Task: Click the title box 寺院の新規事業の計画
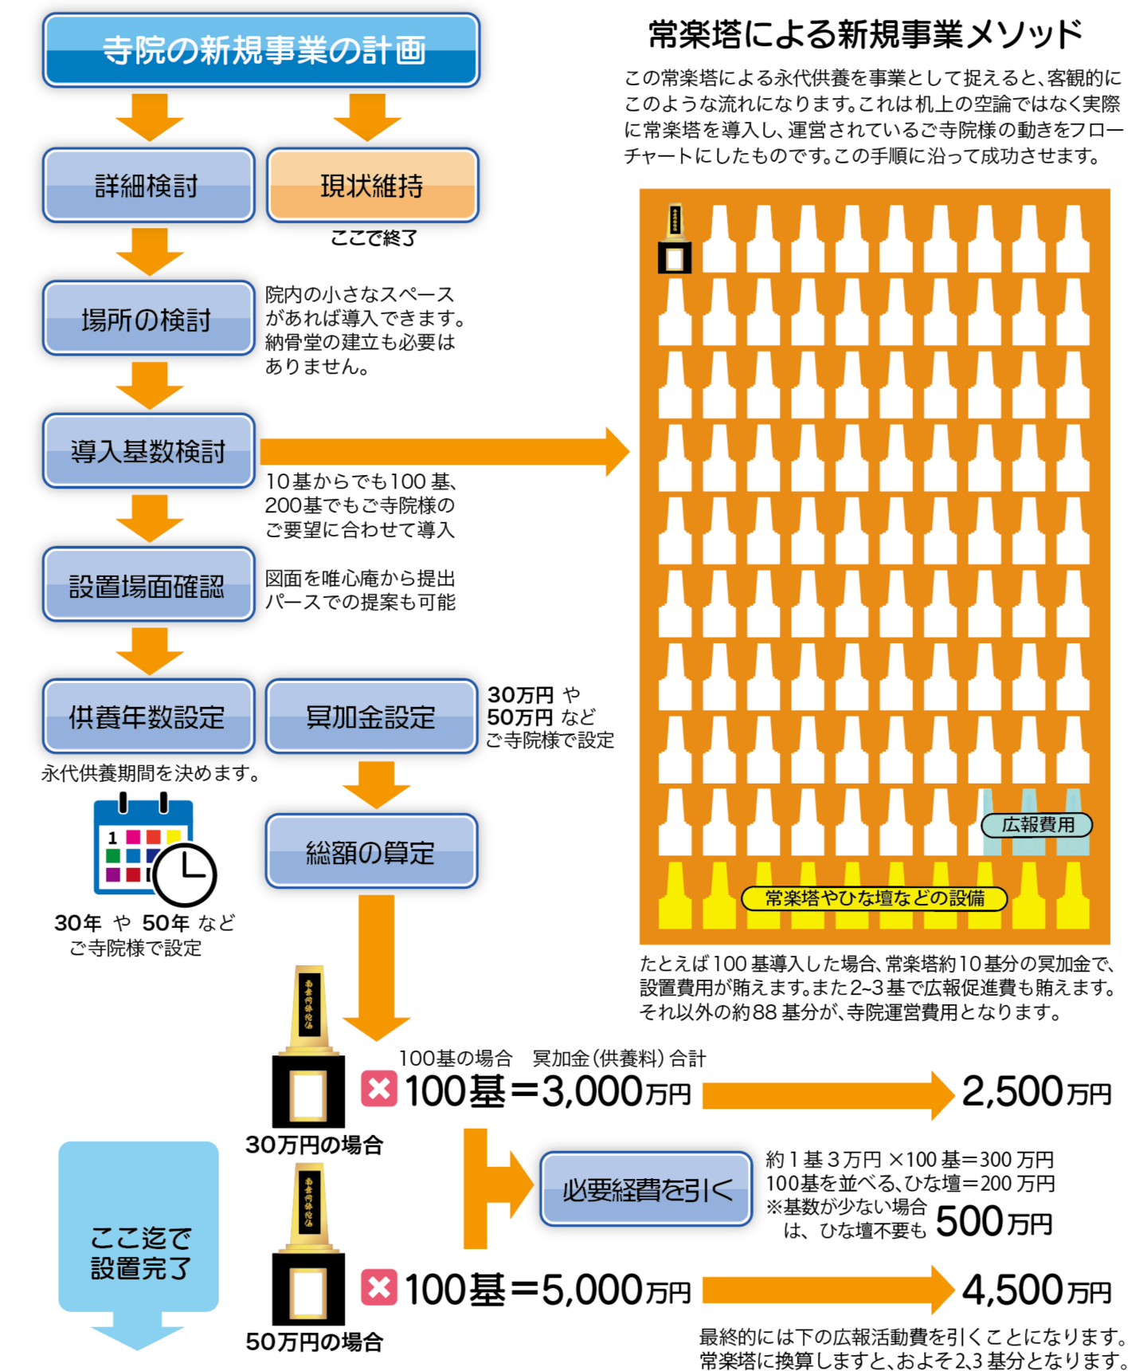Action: coord(261,49)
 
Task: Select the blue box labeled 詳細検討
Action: coord(148,185)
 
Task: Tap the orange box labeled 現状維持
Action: coord(372,185)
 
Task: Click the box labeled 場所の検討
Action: coord(148,318)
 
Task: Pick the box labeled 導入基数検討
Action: coord(148,451)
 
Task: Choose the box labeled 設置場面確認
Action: coord(148,584)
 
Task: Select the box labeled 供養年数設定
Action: coord(148,717)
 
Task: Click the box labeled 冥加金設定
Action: coord(371,717)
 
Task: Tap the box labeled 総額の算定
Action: coord(371,851)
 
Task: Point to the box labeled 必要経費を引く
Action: coord(646,1189)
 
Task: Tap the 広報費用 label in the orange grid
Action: coord(1036,825)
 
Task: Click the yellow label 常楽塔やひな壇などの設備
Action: coord(874,898)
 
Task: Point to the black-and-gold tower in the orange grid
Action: coord(675,239)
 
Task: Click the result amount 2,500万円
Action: coord(1035,1092)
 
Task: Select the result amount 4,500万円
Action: coord(1035,1290)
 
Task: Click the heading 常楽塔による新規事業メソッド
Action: coord(865,34)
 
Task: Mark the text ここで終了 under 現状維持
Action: coord(374,238)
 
